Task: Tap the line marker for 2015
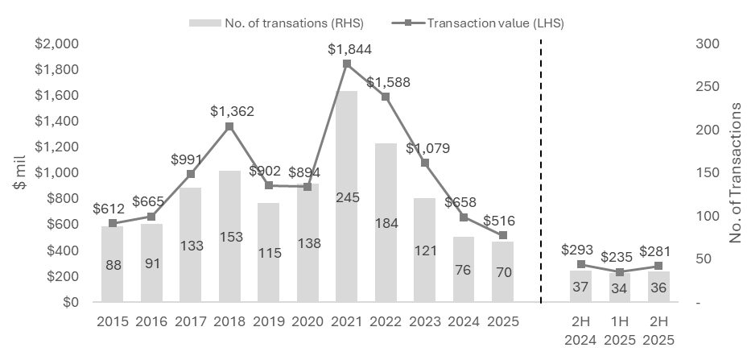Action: (113, 223)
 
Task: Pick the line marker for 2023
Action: (425, 163)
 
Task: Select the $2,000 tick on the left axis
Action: (56, 43)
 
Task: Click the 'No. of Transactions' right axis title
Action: (734, 173)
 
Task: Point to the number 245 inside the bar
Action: (347, 265)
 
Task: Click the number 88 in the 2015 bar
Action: (113, 265)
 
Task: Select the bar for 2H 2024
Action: (580, 287)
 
